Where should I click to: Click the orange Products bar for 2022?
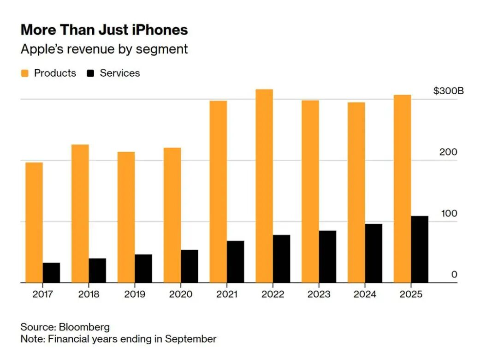pyautogui.click(x=264, y=186)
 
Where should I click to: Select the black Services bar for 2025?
pyautogui.click(x=420, y=249)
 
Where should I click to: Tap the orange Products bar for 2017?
pyautogui.click(x=34, y=222)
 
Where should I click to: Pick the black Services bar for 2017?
pyautogui.click(x=52, y=272)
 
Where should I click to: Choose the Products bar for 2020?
pyautogui.click(x=172, y=215)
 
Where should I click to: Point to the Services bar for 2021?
pyautogui.click(x=236, y=261)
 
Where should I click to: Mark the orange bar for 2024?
pyautogui.click(x=356, y=192)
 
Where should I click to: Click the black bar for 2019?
pyautogui.click(x=143, y=268)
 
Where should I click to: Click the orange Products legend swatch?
pyautogui.click(x=25, y=73)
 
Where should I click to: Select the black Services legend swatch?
pyautogui.click(x=91, y=73)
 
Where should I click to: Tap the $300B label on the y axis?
pyautogui.click(x=448, y=90)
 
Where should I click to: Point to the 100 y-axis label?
pyautogui.click(x=448, y=214)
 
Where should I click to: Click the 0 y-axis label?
pyautogui.click(x=454, y=275)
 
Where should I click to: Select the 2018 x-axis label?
pyautogui.click(x=89, y=294)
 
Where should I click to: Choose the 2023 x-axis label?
pyautogui.click(x=319, y=294)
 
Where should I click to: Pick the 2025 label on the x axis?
pyautogui.click(x=411, y=294)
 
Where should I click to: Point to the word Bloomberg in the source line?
pyautogui.click(x=84, y=327)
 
